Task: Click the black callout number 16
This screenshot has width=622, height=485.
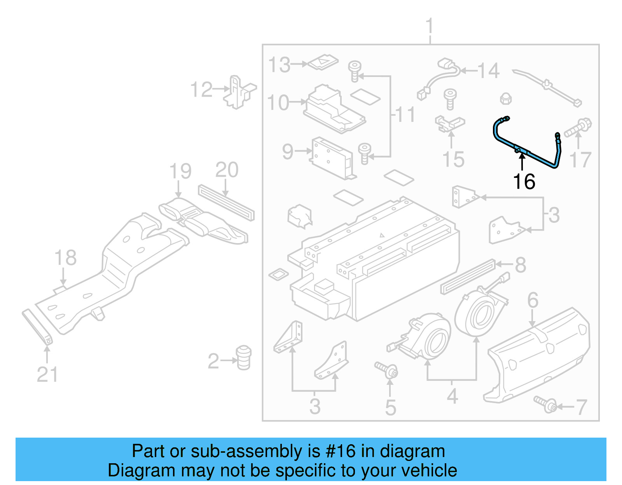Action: coord(524,182)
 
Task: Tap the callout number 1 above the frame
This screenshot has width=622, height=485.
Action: coord(429,26)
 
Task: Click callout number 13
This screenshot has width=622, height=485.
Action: coord(280,64)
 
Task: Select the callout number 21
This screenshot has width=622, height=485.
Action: coord(47,374)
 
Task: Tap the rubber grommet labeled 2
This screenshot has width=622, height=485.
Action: coord(244,357)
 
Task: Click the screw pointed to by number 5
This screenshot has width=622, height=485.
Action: coord(387,370)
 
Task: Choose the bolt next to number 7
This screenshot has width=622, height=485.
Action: coord(546,404)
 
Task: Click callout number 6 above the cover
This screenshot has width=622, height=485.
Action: coord(533,300)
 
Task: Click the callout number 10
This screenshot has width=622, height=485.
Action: coord(278,103)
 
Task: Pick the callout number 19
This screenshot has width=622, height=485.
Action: coord(180,171)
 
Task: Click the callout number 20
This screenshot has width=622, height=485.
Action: coord(227,170)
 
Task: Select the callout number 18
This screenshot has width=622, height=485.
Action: coord(65,258)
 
